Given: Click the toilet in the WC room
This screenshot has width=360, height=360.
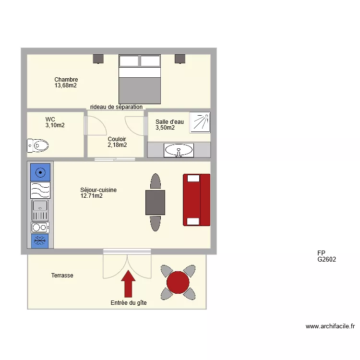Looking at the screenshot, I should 37,145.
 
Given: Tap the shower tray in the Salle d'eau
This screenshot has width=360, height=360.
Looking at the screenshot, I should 199,122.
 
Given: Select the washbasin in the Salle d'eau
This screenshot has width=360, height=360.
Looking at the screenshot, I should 179,150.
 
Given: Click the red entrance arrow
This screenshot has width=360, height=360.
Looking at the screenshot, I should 128,284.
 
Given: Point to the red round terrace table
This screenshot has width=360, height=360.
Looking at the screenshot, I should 178,282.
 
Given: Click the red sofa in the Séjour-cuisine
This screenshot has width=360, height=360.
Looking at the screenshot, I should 196,200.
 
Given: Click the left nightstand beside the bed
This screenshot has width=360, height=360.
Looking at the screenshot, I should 98,59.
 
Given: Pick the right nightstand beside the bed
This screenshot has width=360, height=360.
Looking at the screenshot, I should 180,59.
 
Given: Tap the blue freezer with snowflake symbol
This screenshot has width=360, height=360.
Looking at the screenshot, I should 40,241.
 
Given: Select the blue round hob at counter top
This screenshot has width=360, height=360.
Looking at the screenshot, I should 40,172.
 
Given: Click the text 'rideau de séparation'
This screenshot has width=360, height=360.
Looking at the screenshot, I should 116,107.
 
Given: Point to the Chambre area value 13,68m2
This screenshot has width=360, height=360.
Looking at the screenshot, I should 66,86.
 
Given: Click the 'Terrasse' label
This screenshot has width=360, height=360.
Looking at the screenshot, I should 62,276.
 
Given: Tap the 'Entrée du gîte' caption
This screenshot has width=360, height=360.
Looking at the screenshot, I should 129,303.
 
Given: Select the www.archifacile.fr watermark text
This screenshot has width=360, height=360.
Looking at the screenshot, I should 330,326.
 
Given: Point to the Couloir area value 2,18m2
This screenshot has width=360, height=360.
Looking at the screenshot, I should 117,145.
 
